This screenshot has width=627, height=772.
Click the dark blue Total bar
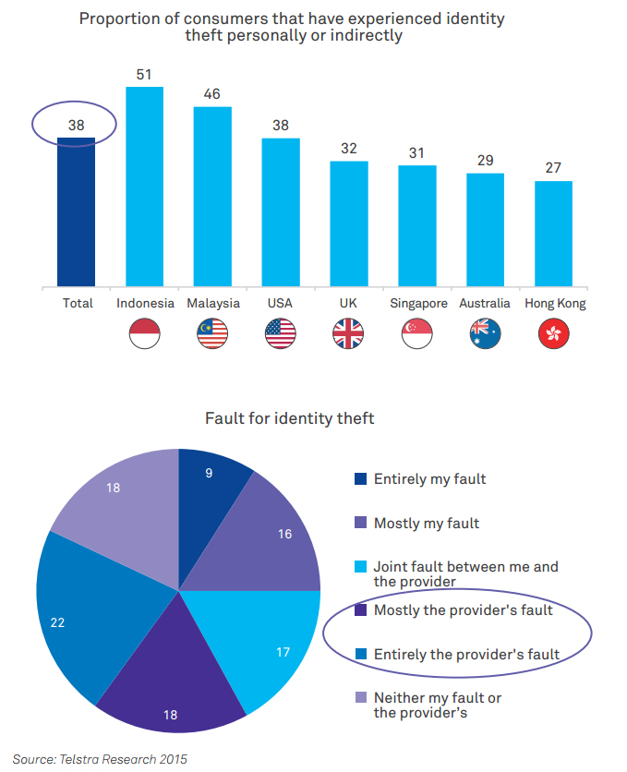[x=76, y=211]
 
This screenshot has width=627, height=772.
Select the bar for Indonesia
[x=144, y=186]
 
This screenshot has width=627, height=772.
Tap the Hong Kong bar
[x=553, y=233]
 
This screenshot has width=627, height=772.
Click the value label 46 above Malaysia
[x=212, y=94]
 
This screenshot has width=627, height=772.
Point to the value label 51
[x=144, y=74]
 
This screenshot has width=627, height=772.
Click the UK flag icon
[x=349, y=332]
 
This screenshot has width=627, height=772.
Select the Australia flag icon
[x=485, y=332]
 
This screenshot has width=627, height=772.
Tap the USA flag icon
[x=281, y=332]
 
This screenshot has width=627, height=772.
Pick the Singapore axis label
[x=417, y=303]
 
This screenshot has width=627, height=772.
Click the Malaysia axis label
[x=213, y=303]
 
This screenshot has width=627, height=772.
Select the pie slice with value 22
[x=83, y=619]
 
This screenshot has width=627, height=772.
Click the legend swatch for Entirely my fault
[x=361, y=479]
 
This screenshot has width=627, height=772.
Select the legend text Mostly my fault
[x=426, y=524]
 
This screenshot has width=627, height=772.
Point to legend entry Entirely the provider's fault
[x=466, y=655]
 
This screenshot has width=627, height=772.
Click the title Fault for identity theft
[x=289, y=418]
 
